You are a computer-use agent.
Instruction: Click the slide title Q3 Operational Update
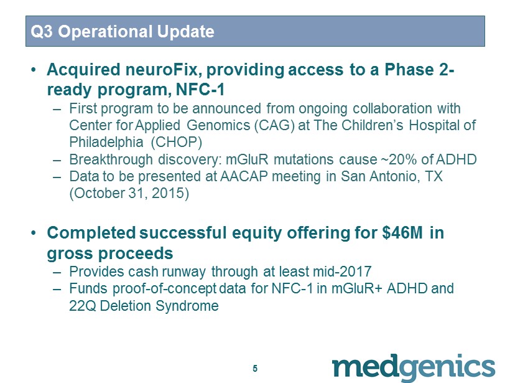(x=123, y=32)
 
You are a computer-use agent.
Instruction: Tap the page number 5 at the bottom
(x=255, y=368)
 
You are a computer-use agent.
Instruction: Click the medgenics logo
(x=414, y=367)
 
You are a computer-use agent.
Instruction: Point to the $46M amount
(x=402, y=233)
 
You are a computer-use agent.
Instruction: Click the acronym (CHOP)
(x=177, y=143)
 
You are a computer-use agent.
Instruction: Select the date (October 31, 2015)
(x=129, y=194)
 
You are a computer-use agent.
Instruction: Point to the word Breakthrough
(x=111, y=159)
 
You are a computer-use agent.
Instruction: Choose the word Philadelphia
(x=106, y=143)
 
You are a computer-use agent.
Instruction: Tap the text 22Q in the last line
(x=82, y=306)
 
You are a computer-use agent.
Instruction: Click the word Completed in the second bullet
(x=91, y=233)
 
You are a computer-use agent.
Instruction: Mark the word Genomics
(x=218, y=125)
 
